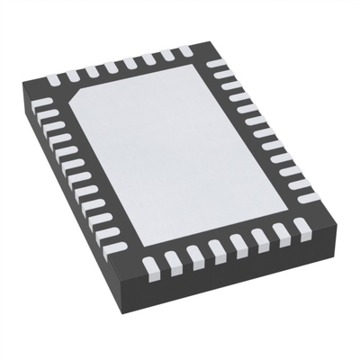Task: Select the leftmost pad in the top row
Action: click(x=69, y=76)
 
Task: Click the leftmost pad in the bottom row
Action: click(x=149, y=265)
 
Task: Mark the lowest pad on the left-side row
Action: click(x=109, y=241)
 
